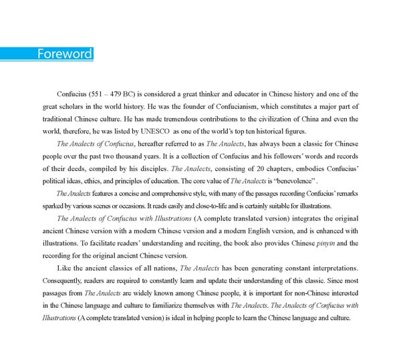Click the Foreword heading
click(64, 54)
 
